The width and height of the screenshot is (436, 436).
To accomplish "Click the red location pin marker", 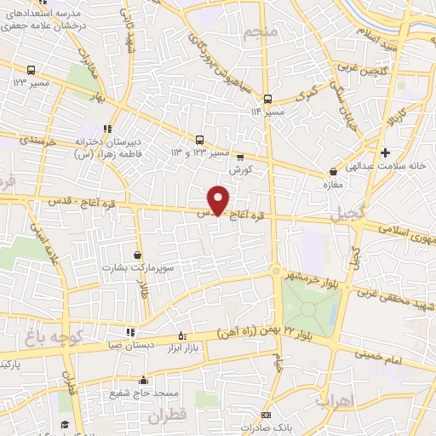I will (219, 200).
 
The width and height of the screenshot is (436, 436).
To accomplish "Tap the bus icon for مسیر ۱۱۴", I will (267, 99).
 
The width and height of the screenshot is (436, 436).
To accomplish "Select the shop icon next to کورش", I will (240, 157).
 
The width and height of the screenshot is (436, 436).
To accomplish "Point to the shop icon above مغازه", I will (332, 171).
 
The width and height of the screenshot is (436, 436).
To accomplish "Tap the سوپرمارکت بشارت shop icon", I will (138, 254).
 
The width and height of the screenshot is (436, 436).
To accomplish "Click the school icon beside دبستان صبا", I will (129, 332).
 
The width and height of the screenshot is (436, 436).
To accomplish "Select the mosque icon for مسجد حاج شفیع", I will (143, 381).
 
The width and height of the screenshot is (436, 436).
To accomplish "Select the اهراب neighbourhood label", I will (333, 399).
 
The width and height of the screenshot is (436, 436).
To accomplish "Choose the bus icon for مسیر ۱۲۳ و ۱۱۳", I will (199, 139).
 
